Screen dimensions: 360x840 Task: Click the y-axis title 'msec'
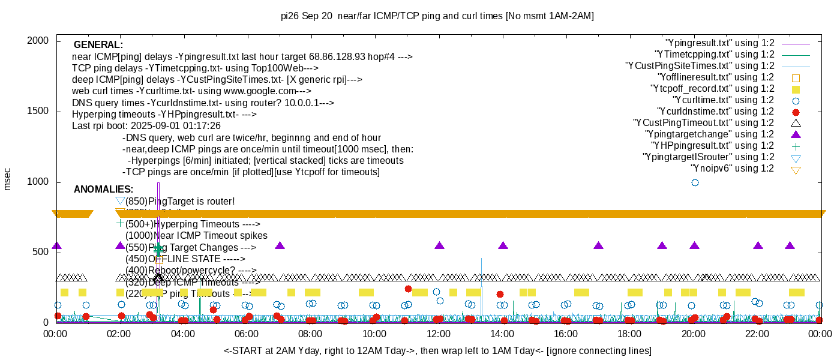coord(7,179)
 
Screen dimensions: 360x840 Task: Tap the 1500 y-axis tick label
coord(37,112)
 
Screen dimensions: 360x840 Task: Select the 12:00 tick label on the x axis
coord(438,334)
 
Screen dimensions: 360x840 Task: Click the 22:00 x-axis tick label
coord(758,334)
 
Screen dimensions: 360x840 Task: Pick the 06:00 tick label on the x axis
coord(247,334)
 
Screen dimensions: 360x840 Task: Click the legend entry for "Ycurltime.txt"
coord(723,100)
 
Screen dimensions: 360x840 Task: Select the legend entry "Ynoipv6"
coord(732,169)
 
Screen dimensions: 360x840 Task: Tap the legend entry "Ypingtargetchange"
coord(709,134)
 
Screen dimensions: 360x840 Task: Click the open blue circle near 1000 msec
coord(695,182)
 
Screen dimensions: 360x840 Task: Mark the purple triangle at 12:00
coord(439,245)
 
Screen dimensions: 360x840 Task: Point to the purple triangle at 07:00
coord(280,245)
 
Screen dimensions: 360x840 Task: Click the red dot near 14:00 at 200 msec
coord(500,294)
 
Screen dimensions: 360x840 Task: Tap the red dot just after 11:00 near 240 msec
coord(408,289)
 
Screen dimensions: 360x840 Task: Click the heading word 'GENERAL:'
coord(98,45)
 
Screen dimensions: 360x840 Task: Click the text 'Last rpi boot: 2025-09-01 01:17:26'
coord(146,126)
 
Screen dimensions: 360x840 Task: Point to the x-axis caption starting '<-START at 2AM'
coord(437,350)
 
